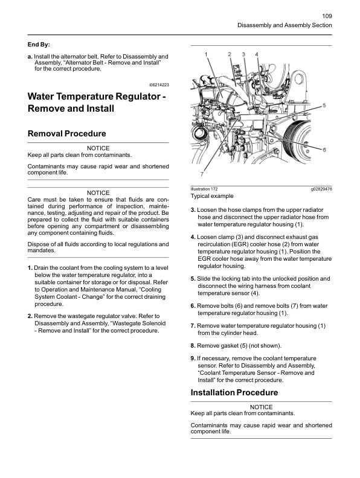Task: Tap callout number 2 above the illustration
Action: tap(230, 54)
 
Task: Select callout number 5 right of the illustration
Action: tap(324, 105)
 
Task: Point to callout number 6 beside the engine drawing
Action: tap(324, 150)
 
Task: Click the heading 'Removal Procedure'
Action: tap(67, 133)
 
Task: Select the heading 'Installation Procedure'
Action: tap(234, 393)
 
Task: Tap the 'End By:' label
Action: tap(39, 45)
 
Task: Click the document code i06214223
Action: tap(158, 85)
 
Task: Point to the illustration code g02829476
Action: tap(321, 189)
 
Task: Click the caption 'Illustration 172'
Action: tap(204, 189)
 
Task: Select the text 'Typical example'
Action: tap(212, 196)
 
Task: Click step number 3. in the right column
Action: tap(193, 209)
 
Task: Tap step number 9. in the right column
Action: tap(193, 358)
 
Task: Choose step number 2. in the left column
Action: tap(30, 316)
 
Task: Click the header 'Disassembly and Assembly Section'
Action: tap(284, 25)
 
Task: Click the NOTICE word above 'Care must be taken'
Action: tap(98, 193)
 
